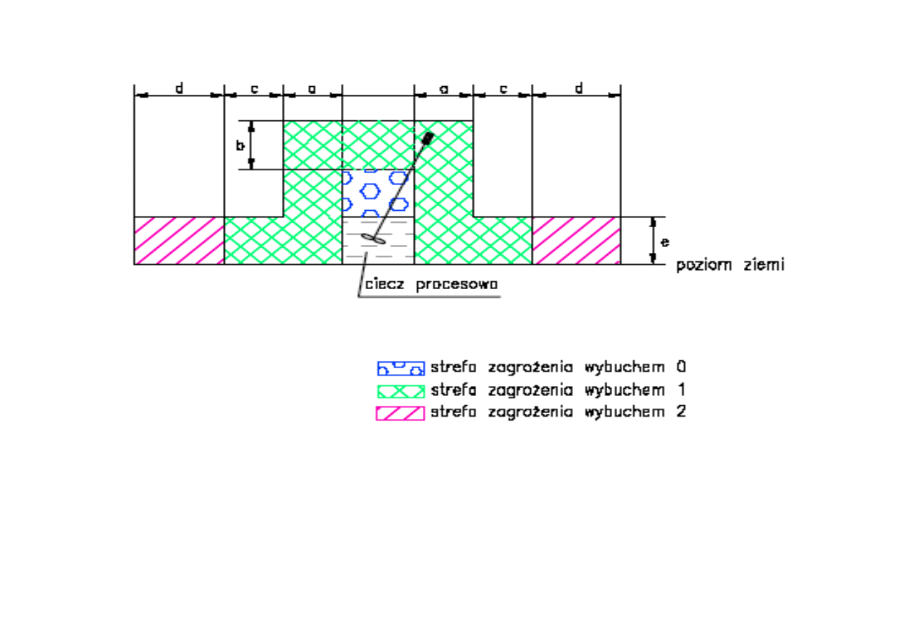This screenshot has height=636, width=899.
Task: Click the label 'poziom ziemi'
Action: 730,265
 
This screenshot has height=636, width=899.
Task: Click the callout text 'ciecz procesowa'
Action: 431,285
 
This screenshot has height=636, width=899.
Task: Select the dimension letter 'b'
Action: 241,145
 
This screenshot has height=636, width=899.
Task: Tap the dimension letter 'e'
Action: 665,241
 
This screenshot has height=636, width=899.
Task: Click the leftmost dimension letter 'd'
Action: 179,88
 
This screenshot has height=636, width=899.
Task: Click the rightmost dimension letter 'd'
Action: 579,88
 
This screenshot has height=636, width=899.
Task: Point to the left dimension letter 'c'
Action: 254,89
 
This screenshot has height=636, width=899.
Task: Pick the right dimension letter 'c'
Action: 503,89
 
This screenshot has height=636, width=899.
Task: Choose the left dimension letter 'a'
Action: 312,89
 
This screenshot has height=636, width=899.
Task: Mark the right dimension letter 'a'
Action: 443,89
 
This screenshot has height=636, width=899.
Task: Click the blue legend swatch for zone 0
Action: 400,368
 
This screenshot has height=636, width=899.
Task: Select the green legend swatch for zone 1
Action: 400,391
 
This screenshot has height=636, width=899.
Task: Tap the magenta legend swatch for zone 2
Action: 400,412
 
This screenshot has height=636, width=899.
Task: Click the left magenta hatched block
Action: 179,241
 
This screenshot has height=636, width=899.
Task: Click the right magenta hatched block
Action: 577,241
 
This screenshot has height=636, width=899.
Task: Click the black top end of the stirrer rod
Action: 429,136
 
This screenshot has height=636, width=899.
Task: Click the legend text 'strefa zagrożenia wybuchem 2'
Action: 558,412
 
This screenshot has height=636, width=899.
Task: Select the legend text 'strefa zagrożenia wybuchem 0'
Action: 558,367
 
